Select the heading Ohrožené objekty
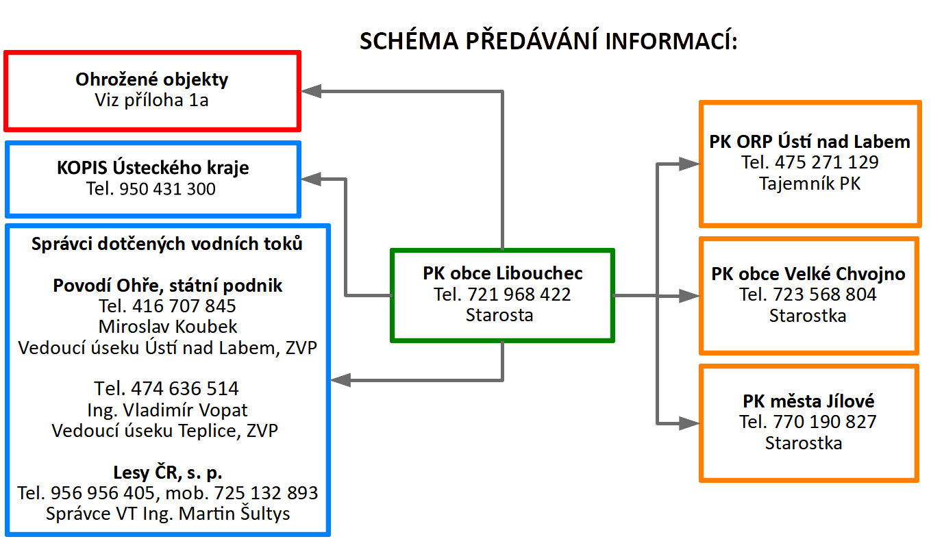click(151, 79)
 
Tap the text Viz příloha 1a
click(151, 100)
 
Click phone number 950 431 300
click(167, 189)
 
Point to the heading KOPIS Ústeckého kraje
click(153, 168)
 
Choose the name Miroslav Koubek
click(168, 327)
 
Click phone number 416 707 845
click(184, 306)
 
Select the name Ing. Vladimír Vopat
click(167, 411)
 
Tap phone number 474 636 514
click(185, 389)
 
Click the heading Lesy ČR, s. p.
click(168, 473)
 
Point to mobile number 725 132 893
click(266, 493)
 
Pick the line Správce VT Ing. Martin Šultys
click(168, 514)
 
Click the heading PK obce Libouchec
click(502, 273)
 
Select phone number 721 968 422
click(519, 294)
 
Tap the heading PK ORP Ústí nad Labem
click(810, 142)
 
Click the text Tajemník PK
click(810, 184)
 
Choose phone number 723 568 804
click(825, 294)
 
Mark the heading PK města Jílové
click(808, 401)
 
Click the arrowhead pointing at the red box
click(311, 91)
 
